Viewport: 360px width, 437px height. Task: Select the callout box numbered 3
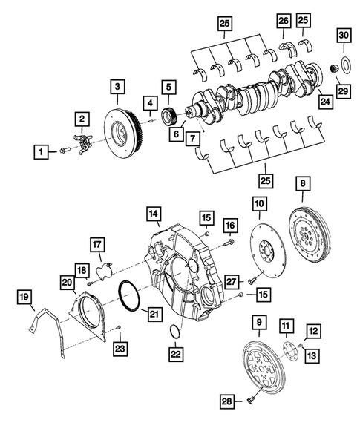(x=117, y=88)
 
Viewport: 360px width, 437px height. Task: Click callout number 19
(x=24, y=298)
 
